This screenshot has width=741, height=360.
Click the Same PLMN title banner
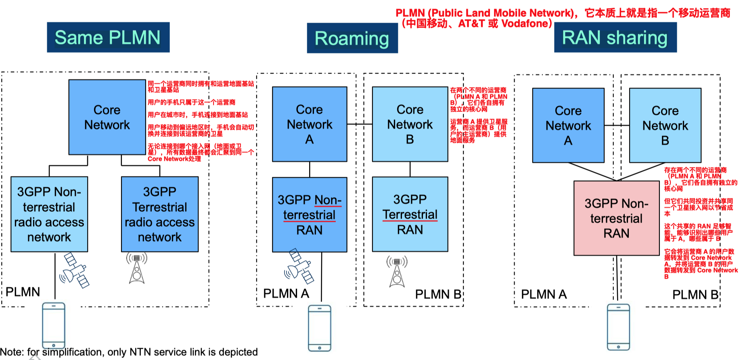coord(108,38)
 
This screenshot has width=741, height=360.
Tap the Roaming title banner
coord(352,38)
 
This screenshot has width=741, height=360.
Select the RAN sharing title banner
coord(615,38)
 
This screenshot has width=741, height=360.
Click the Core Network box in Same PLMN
coord(107,117)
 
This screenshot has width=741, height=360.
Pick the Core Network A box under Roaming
coord(310,124)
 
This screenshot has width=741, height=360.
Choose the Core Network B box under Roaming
coord(410,124)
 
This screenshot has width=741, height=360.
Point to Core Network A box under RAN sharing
coord(568,125)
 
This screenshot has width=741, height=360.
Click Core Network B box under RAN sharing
coord(665,125)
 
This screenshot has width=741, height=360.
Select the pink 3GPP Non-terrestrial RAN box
coord(616,218)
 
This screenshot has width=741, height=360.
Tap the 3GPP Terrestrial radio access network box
coord(160,214)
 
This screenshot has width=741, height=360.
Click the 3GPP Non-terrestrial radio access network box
coord(49,214)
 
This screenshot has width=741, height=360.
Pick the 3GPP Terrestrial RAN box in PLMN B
coord(410,214)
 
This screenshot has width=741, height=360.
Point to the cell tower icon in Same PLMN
coord(137,268)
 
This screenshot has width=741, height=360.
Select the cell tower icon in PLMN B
coord(397,271)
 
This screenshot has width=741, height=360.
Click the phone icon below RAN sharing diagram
coord(618,327)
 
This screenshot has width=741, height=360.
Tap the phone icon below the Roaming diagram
coord(320,328)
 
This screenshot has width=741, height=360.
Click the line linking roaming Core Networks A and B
coord(360,124)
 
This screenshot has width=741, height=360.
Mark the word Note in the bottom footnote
coord(12,352)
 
